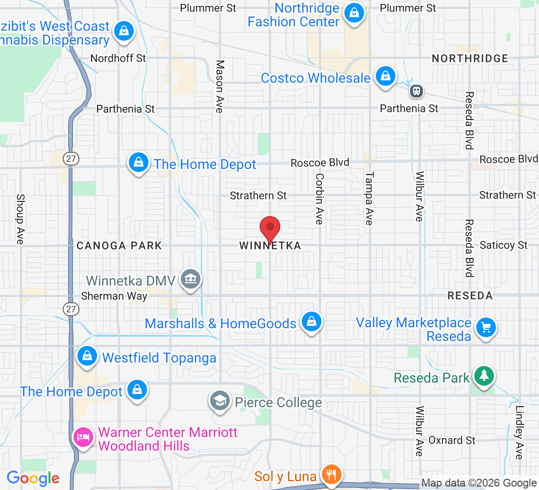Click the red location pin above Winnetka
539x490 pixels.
269,228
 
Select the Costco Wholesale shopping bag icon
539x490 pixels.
386,76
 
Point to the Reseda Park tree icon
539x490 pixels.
484,376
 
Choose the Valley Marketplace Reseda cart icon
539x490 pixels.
486,327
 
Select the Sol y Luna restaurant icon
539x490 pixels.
332,474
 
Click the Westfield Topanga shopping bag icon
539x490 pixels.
87,356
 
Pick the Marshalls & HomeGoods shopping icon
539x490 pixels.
311,321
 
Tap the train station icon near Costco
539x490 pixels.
417,91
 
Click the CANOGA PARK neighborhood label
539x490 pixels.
119,245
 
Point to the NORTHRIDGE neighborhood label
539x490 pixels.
470,59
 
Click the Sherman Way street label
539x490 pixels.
114,296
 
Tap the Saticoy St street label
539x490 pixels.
504,245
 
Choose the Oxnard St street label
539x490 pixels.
452,441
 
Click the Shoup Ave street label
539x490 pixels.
20,219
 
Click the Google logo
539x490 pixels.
33,478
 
